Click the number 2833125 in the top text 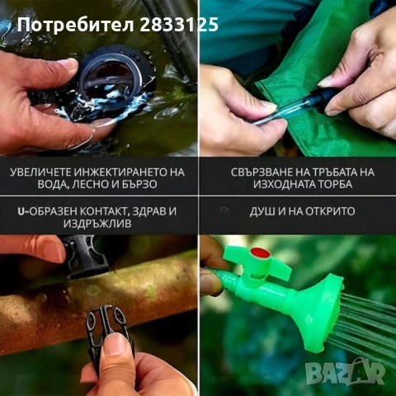click(181, 24)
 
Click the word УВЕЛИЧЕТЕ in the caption click(46, 172)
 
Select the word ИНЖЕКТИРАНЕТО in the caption click(124, 172)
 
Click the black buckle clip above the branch click(86, 256)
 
